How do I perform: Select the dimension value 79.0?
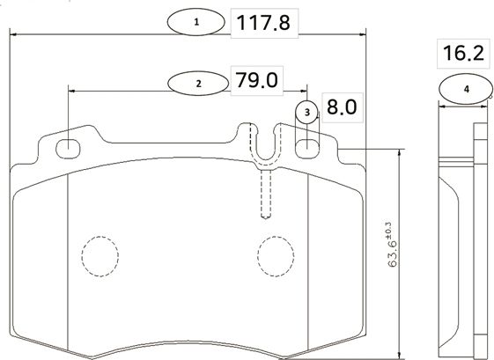(x=257, y=81)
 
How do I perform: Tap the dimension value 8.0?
(x=341, y=108)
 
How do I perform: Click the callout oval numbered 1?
(x=196, y=21)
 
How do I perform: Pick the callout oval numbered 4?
(x=465, y=89)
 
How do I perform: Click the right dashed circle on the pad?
(x=275, y=257)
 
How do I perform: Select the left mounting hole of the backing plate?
(x=69, y=147)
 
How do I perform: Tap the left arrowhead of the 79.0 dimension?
(x=72, y=89)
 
